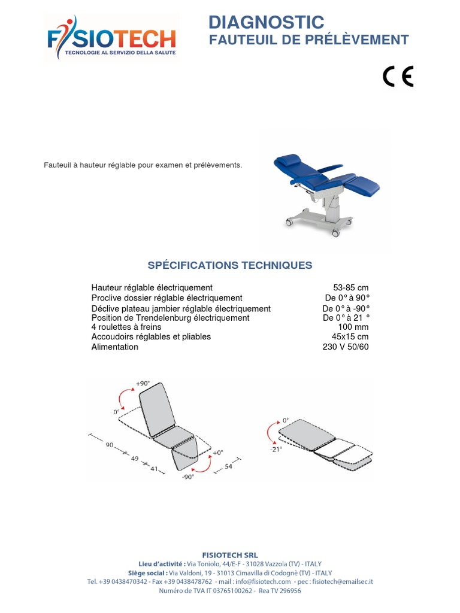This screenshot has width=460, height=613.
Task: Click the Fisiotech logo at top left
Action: tap(111, 38)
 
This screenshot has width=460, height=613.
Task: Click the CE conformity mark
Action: tap(398, 76)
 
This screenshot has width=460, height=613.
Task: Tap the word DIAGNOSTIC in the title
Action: tap(267, 22)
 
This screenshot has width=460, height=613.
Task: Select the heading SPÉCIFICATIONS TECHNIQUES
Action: tap(229, 265)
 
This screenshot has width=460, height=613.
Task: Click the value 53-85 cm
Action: tap(351, 288)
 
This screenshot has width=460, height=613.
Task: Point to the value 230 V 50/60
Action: tap(346, 347)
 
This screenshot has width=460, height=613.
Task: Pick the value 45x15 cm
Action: tap(350, 336)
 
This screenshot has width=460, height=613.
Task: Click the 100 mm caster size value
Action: tap(353, 327)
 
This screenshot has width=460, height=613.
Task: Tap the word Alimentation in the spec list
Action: tap(114, 347)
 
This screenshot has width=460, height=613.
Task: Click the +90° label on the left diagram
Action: tap(143, 384)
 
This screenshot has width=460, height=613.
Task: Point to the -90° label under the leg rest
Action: tap(188, 477)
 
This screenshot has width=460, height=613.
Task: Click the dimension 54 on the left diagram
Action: tap(228, 466)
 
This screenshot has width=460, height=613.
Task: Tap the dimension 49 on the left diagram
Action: tap(135, 458)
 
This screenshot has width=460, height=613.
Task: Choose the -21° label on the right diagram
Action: tap(276, 450)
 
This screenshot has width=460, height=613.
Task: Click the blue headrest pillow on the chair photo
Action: tap(289, 160)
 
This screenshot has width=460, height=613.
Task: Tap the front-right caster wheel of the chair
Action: tap(335, 233)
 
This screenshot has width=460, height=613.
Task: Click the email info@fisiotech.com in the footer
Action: tap(263, 582)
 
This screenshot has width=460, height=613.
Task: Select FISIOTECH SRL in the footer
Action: tap(230, 555)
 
